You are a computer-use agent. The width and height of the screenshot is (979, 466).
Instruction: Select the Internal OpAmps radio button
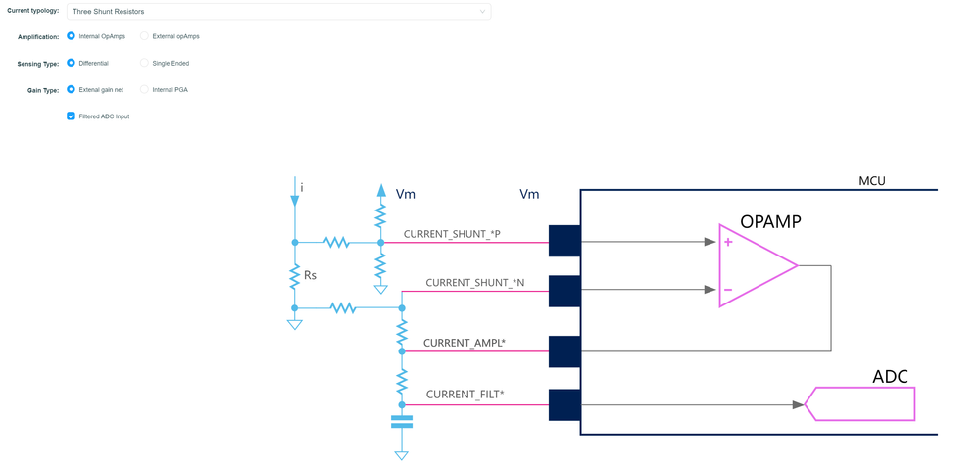pyautogui.click(x=71, y=36)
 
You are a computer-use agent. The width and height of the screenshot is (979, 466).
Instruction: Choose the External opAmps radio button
pyautogui.click(x=145, y=36)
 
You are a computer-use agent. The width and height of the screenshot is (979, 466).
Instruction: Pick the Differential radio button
pyautogui.click(x=71, y=63)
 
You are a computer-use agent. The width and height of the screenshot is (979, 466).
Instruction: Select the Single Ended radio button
pyautogui.click(x=145, y=63)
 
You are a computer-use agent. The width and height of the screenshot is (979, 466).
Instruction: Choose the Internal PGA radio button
pyautogui.click(x=145, y=89)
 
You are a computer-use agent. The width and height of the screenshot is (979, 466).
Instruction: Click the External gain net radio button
pyautogui.click(x=71, y=89)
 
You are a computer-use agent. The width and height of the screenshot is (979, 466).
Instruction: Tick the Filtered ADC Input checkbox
pyautogui.click(x=71, y=116)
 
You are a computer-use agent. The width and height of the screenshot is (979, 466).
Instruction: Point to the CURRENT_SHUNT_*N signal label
pyautogui.click(x=474, y=283)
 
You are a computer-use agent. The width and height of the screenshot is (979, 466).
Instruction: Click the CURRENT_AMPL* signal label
pyautogui.click(x=464, y=344)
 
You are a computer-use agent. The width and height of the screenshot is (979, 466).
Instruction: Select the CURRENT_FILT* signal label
pyautogui.click(x=465, y=395)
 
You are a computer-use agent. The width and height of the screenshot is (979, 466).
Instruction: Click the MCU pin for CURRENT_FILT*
pyautogui.click(x=564, y=404)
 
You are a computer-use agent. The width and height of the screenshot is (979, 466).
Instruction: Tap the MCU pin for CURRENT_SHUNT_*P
pyautogui.click(x=564, y=241)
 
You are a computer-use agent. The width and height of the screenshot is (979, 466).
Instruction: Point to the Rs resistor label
pyautogui.click(x=310, y=276)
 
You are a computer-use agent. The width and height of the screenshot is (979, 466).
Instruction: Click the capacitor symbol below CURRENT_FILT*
pyautogui.click(x=402, y=422)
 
